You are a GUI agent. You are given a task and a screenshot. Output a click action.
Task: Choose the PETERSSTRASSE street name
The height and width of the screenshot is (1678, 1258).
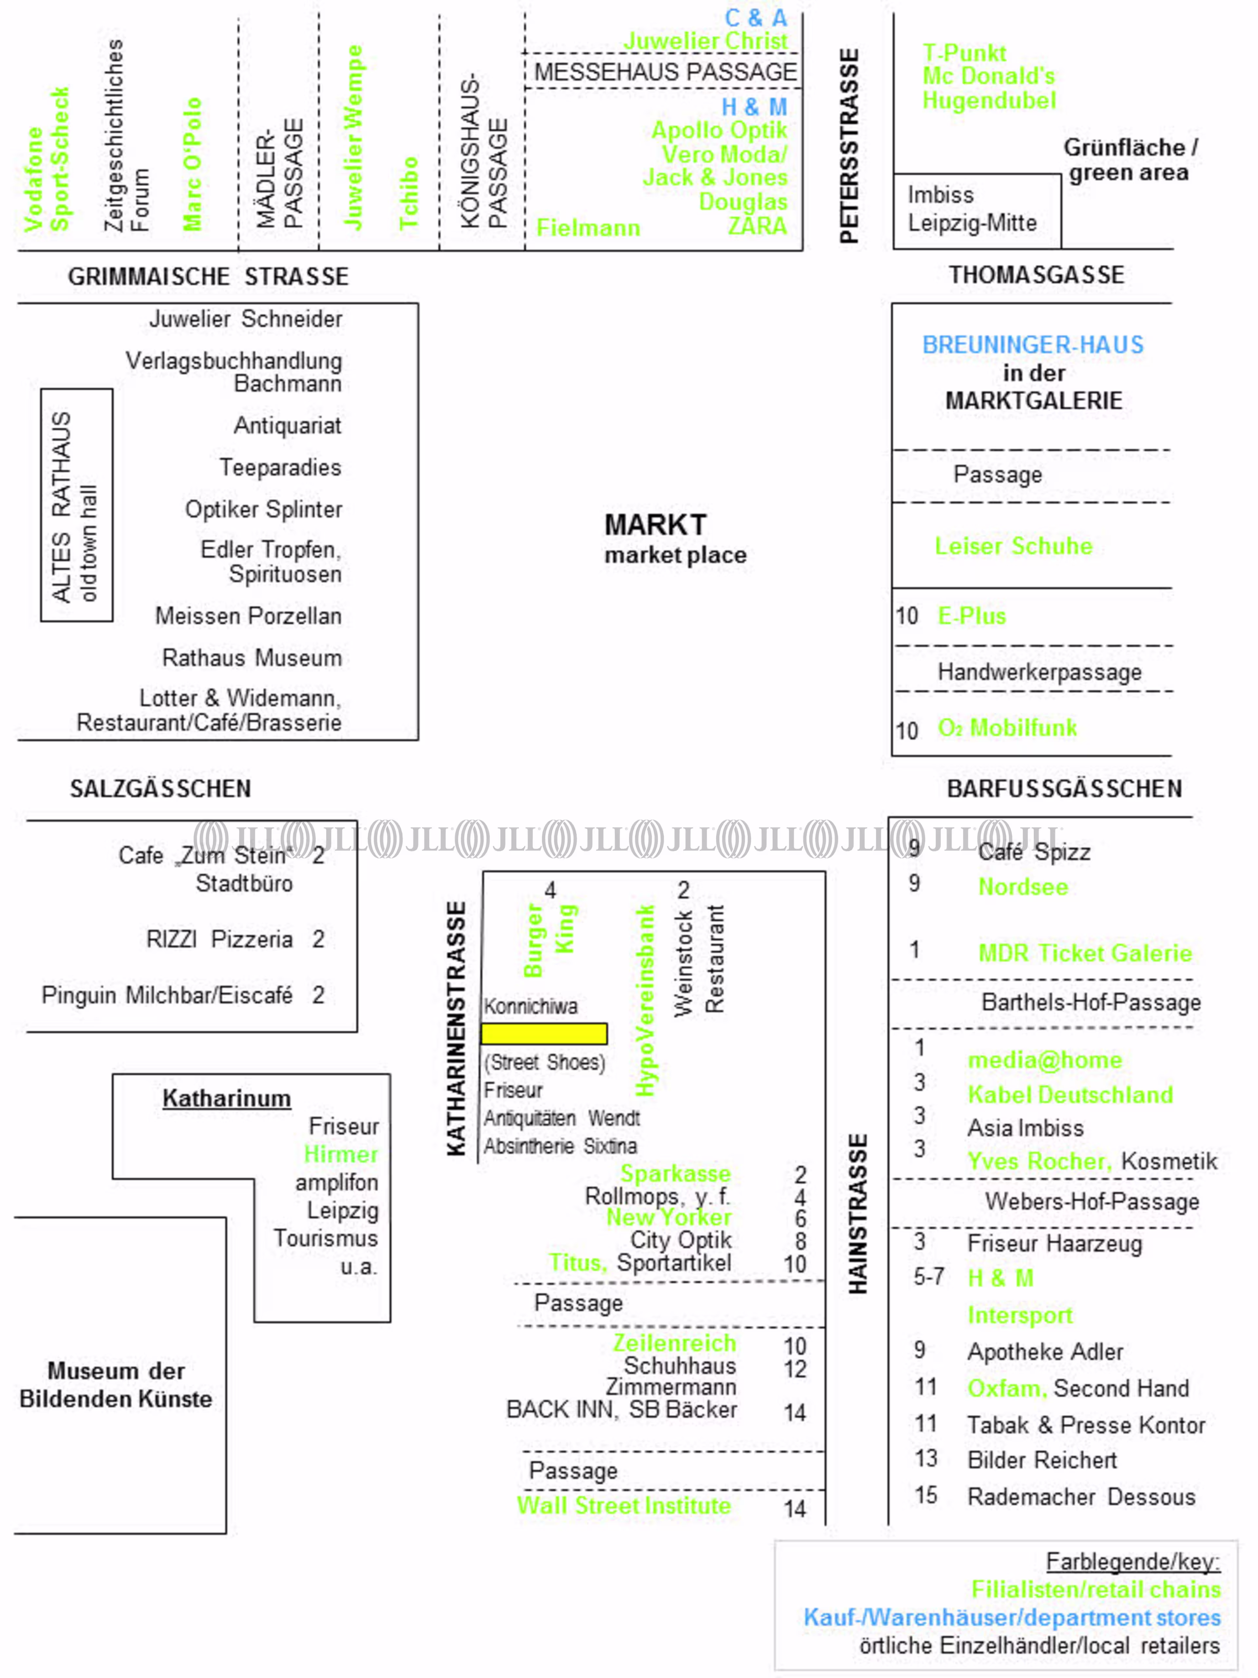coord(849,146)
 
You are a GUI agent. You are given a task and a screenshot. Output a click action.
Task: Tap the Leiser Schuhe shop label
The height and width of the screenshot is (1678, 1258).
coord(1013,546)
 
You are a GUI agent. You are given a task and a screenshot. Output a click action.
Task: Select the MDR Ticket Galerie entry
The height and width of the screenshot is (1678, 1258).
coord(1084,954)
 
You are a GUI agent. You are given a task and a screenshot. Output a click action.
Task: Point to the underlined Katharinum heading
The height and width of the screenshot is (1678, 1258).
coord(226,1099)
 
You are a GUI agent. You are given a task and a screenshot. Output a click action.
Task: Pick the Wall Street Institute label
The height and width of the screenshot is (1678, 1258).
coord(623,1506)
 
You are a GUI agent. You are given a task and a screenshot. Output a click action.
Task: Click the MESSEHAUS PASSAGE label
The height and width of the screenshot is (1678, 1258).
coord(665,72)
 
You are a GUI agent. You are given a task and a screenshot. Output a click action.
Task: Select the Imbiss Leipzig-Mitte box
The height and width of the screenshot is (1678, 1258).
coord(976,209)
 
